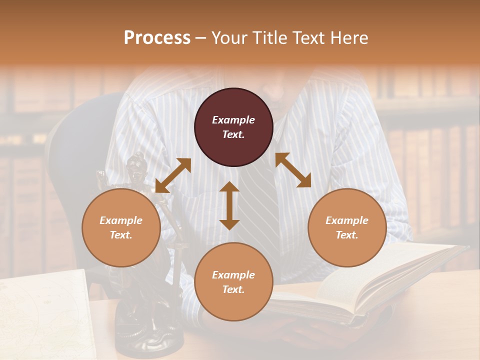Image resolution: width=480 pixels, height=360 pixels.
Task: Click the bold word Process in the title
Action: tap(157, 38)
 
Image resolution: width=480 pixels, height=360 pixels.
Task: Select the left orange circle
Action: tap(121, 227)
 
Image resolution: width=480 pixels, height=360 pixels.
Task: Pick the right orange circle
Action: tap(347, 227)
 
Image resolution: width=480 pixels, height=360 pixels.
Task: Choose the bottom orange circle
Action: tap(233, 282)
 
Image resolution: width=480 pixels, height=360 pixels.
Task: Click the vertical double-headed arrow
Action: tap(229, 205)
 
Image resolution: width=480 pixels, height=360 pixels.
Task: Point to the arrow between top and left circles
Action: tap(173, 175)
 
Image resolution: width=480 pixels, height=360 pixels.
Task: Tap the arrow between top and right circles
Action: tap(293, 170)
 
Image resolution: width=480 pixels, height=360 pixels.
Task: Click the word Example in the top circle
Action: tap(233, 120)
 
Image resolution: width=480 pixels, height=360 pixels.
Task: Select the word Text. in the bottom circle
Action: tap(233, 289)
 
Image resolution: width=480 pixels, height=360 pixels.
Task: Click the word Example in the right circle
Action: tap(347, 220)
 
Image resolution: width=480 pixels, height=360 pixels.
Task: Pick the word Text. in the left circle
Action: tap(121, 235)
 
